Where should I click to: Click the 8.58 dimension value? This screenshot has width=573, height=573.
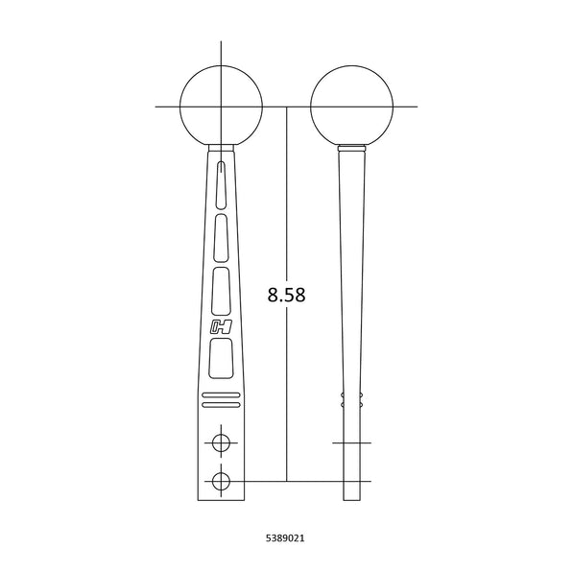(x=286, y=295)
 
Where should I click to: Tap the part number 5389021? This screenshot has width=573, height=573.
(x=285, y=537)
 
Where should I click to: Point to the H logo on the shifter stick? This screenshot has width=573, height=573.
(x=221, y=326)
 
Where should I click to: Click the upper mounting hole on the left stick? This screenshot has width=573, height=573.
(x=221, y=442)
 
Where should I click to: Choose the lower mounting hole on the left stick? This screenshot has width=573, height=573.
(x=221, y=481)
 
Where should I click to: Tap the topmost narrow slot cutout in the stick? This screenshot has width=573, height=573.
(x=222, y=185)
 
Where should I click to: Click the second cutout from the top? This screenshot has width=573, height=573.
(x=221, y=238)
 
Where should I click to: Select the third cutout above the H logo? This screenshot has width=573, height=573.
(x=221, y=291)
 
